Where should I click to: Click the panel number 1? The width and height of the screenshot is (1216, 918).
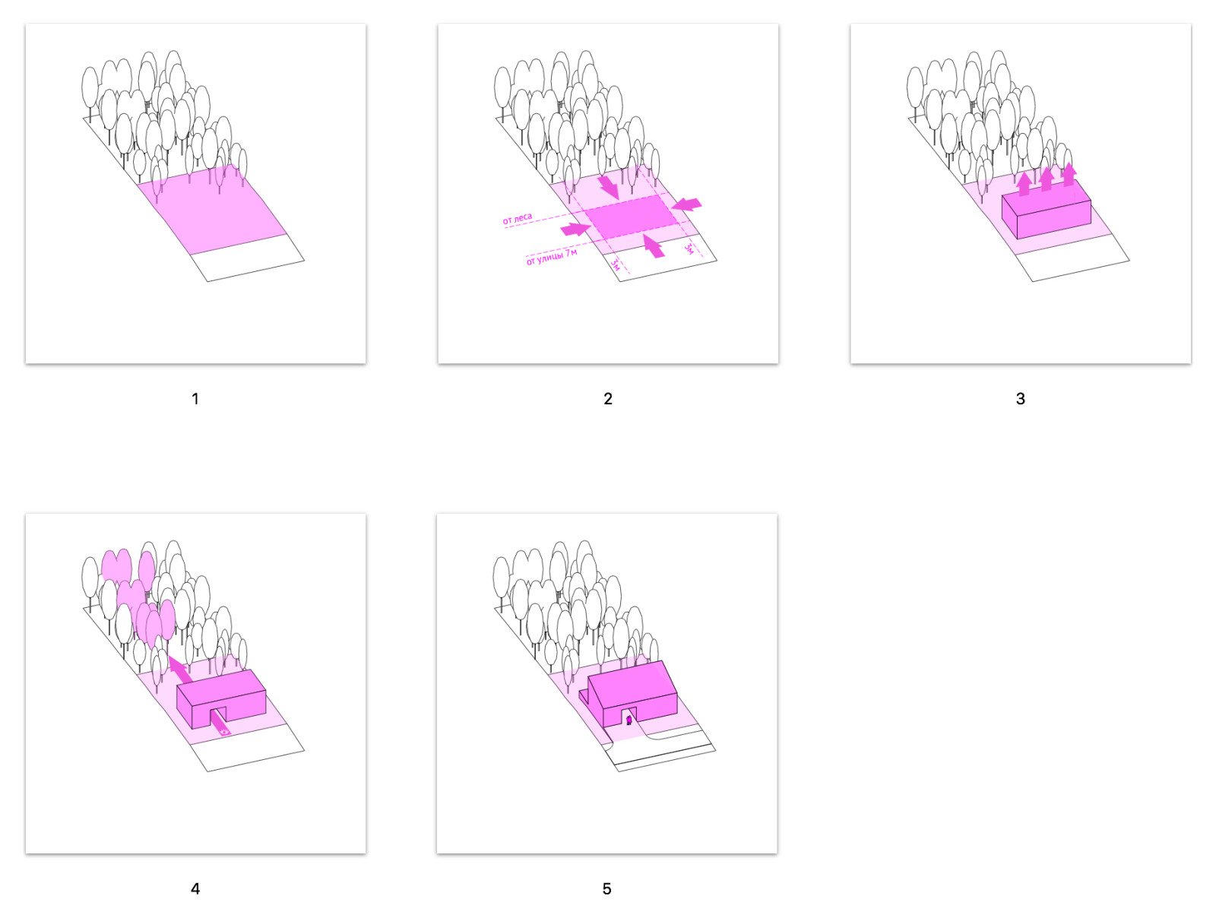195,399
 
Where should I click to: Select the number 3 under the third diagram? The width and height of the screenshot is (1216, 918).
1021,399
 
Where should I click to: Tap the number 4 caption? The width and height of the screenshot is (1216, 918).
195,888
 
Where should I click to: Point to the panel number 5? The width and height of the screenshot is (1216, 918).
606,888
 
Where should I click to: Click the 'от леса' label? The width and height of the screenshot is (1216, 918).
518,219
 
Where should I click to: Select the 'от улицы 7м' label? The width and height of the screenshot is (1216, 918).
551,257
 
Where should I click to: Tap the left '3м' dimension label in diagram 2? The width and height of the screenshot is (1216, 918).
615,264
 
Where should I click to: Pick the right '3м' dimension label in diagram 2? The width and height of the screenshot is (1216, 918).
689,249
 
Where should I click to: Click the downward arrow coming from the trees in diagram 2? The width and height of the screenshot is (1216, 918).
609,187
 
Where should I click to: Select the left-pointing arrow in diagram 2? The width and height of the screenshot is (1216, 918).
686,204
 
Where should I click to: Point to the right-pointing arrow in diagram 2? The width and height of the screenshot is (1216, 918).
575,230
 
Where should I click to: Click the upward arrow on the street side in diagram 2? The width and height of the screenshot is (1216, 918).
654,245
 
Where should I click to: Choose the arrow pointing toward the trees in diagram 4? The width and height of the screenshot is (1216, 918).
181,670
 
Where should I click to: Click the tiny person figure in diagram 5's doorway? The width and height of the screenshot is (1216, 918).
629,720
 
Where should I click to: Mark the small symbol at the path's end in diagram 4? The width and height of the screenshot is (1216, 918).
224,732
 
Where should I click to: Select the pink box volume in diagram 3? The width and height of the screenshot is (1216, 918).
1046,211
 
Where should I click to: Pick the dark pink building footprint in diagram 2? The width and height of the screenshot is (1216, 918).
632,217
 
